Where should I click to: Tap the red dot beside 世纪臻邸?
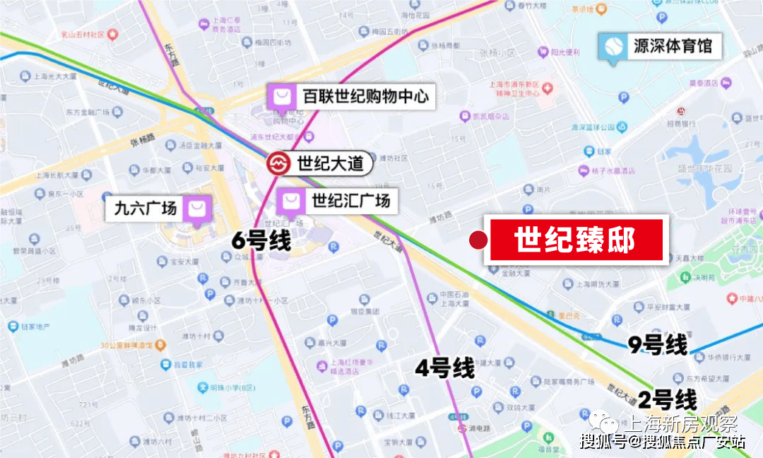coord(479,240)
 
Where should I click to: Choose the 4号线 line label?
coord(444,368)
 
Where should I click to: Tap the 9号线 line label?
coord(657,346)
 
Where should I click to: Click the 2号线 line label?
coord(667,400)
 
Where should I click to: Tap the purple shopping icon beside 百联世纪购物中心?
coord(281,96)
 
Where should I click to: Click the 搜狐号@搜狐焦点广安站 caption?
coord(663,442)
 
